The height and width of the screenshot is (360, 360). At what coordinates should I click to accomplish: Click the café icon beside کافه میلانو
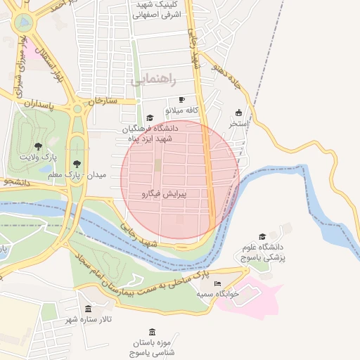click(182, 100)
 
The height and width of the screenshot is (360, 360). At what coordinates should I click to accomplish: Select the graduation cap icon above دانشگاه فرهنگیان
click(149, 118)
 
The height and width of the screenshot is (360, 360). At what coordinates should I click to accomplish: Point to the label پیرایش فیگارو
click(164, 193)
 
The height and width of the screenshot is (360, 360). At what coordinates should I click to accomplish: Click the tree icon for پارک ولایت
click(37, 146)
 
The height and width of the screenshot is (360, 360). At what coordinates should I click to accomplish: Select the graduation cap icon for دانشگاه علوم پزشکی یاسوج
click(262, 237)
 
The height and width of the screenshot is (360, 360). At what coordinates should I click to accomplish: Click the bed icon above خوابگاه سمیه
click(217, 283)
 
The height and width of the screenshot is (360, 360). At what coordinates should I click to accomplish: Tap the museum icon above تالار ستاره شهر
click(88, 309)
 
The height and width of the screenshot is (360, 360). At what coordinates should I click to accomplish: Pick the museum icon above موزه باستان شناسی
click(153, 332)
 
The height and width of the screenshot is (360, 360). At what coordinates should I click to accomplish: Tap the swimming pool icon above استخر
click(238, 112)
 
